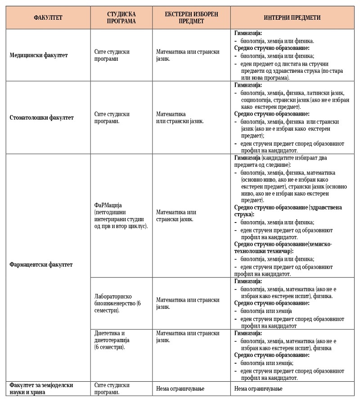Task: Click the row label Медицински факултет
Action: (39, 55)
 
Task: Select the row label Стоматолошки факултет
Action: (42, 118)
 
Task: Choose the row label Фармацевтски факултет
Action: (41, 264)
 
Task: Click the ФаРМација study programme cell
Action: (121, 216)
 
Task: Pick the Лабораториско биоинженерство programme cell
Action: (118, 303)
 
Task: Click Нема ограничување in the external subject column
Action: (178, 388)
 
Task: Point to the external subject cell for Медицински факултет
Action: (188, 55)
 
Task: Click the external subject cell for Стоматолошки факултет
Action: (180, 117)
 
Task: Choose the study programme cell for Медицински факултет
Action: (112, 55)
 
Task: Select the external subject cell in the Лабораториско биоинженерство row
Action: (188, 303)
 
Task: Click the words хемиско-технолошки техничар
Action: (283, 247)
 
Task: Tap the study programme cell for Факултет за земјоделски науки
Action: (112, 388)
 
